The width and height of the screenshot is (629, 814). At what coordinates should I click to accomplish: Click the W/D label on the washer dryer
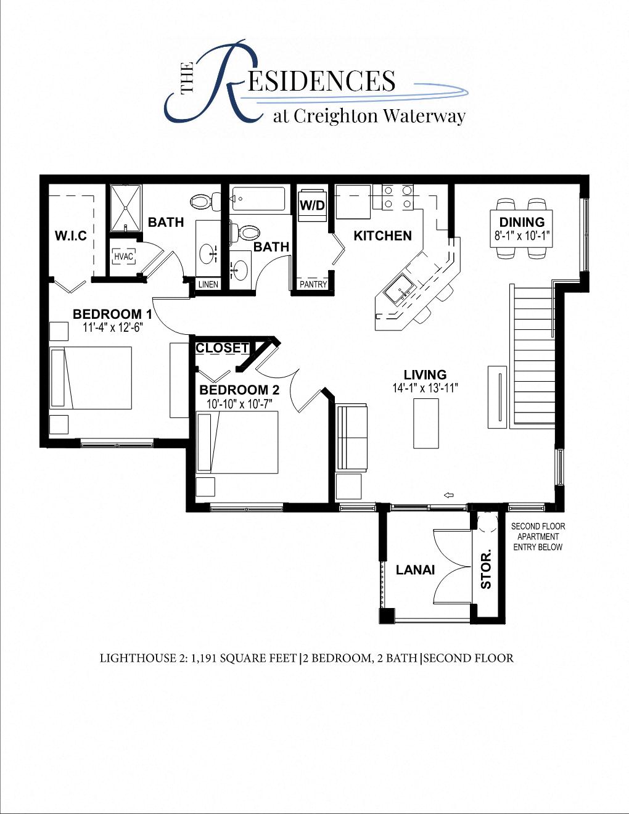312,205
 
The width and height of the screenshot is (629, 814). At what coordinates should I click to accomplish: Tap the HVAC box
124,257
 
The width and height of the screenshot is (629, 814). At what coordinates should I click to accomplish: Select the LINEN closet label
208,284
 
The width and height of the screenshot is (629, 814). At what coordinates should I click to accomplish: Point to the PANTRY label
313,284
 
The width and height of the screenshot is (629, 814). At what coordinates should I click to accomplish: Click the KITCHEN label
382,236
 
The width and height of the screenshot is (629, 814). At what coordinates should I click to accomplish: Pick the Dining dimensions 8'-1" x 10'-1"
522,235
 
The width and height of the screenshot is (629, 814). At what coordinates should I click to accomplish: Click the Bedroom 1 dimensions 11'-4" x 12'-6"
112,327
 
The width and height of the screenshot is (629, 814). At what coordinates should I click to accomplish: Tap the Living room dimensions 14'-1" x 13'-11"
425,388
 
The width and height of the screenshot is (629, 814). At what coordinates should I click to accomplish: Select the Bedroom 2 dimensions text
240,403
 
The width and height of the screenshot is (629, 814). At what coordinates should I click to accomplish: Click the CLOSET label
222,348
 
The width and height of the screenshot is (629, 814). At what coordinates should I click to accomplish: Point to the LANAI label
415,570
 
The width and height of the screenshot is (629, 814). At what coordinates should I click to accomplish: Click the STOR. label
486,569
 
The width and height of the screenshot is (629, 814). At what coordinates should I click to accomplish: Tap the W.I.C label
70,236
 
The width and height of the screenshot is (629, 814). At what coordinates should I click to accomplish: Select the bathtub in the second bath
258,199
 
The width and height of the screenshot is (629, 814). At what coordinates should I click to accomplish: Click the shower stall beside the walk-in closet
126,208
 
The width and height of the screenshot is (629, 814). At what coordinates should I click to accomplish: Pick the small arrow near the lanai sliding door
448,495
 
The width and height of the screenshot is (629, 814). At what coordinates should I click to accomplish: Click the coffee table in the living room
425,423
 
